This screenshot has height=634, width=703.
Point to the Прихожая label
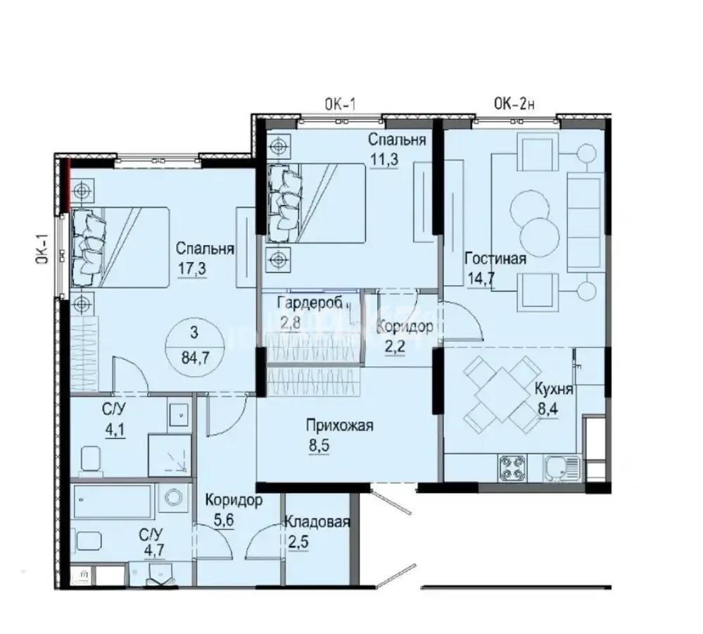pos(338,425)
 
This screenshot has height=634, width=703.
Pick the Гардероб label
pos(310,304)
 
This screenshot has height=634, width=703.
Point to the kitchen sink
pos(561,466)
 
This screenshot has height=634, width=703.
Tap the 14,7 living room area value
pos(479,278)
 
